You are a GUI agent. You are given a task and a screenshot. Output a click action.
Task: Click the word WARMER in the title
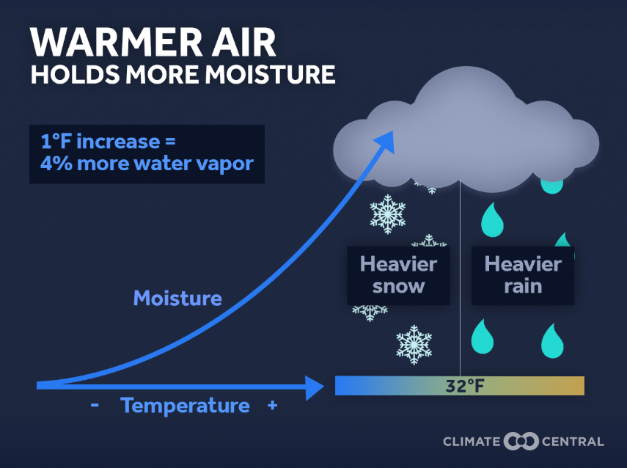(x=117, y=42)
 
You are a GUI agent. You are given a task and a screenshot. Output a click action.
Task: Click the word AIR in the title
(x=243, y=42)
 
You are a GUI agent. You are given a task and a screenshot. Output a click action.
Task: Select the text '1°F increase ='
(x=108, y=142)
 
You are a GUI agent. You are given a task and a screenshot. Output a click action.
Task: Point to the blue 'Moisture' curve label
(x=177, y=299)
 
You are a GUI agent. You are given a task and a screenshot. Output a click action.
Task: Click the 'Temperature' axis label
(x=185, y=406)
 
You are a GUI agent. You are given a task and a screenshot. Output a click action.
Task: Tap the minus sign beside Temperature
(x=95, y=405)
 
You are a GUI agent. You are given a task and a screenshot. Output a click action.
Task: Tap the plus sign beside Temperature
(x=273, y=406)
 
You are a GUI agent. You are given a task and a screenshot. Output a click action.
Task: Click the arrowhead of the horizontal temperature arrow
(x=315, y=387)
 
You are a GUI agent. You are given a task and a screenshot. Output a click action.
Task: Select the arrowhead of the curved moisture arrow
(x=386, y=141)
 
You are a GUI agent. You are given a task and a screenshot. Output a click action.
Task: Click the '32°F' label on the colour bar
(x=465, y=386)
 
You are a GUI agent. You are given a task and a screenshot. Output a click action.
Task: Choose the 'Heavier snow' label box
(x=398, y=276)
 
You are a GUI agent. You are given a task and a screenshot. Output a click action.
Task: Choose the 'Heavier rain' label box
(x=523, y=276)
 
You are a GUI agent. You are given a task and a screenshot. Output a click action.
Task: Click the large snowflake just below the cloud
(x=387, y=214)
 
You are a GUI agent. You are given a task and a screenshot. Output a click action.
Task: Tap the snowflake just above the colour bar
(x=414, y=345)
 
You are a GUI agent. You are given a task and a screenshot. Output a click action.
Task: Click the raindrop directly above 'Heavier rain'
(x=492, y=220)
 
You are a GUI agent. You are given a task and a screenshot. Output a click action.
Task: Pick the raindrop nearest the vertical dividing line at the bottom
(x=483, y=337)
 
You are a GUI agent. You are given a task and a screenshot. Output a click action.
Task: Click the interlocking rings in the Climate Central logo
(x=521, y=442)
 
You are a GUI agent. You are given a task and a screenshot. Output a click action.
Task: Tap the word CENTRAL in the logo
(x=573, y=442)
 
